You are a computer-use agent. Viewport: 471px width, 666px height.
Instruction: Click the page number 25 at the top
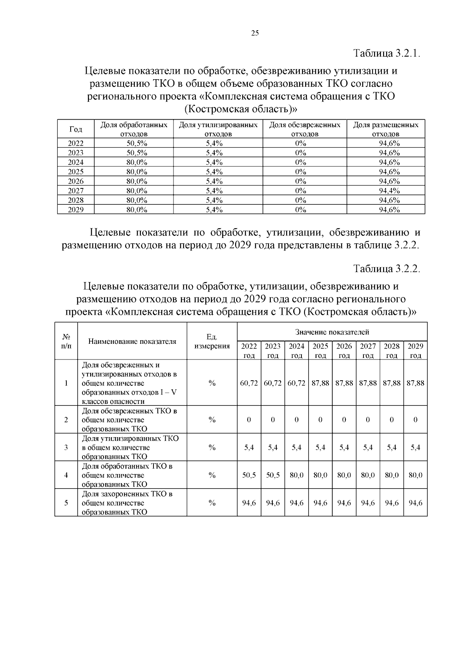(x=255, y=33)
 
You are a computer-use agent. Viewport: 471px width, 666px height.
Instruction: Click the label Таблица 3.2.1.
(x=387, y=53)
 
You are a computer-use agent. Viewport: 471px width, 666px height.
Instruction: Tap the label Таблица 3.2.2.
(x=387, y=269)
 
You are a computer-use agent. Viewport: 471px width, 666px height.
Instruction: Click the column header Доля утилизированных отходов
(x=218, y=129)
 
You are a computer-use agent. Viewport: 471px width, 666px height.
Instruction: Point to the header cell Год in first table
(x=75, y=129)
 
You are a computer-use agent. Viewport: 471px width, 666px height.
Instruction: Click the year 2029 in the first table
(x=75, y=210)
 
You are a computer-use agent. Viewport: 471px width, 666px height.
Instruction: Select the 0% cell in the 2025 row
(x=301, y=172)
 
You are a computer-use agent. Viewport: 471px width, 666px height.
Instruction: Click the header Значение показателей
(x=332, y=332)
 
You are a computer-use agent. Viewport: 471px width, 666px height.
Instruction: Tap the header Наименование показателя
(x=132, y=341)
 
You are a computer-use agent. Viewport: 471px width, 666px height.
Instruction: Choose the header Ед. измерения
(x=212, y=341)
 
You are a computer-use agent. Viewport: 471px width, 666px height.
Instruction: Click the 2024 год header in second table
(x=297, y=350)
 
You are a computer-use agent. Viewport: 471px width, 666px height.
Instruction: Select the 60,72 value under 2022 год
(x=249, y=383)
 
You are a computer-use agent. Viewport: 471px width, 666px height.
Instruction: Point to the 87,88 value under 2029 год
(x=415, y=383)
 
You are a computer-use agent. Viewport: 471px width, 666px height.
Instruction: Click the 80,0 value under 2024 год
(x=297, y=475)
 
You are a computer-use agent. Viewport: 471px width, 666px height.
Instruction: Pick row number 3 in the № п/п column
(x=66, y=447)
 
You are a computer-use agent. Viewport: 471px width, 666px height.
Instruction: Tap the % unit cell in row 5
(x=212, y=503)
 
